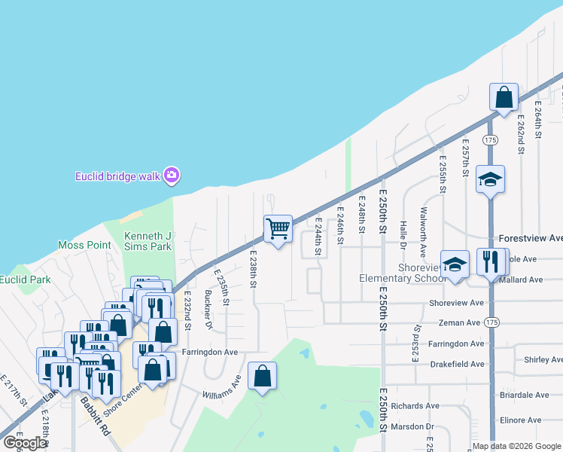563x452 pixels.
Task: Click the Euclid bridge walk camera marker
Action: (x=172, y=176)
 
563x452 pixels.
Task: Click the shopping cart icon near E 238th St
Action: (x=278, y=228)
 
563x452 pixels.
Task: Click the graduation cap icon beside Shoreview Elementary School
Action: (x=455, y=264)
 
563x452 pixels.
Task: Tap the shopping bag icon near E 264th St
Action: (x=504, y=97)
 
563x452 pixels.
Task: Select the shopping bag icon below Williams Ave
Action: (x=261, y=376)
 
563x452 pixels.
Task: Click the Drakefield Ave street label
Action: (x=456, y=364)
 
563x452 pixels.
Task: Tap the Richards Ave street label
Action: (x=415, y=405)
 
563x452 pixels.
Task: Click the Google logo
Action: (x=25, y=443)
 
